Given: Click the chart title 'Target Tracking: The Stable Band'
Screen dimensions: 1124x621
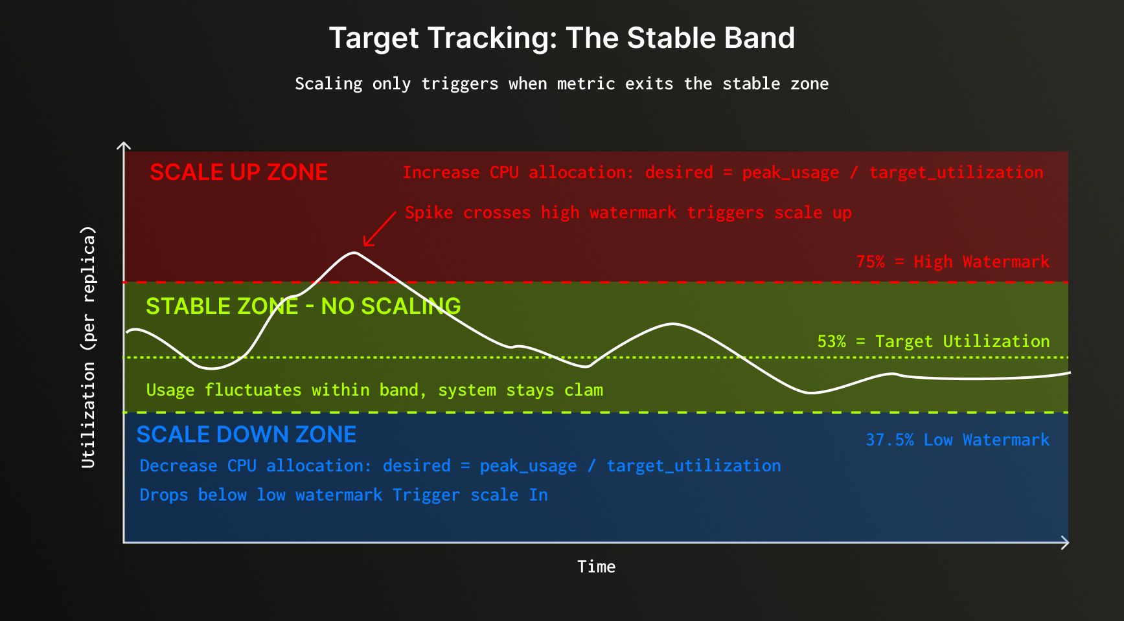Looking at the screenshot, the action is [x=562, y=38].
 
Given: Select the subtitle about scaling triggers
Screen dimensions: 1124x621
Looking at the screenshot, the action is [x=562, y=84].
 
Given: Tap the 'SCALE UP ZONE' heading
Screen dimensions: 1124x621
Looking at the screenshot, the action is [x=238, y=172].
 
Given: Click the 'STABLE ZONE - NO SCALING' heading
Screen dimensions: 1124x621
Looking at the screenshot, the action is [x=303, y=306].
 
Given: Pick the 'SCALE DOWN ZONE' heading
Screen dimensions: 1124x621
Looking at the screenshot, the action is [x=246, y=434].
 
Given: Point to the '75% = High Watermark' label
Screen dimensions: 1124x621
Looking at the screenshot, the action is [x=952, y=262].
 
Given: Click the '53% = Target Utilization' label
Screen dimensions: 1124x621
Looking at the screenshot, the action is [x=934, y=341].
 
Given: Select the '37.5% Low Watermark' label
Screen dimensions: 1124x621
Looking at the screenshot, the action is [x=958, y=440].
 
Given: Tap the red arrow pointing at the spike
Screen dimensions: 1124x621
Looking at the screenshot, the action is [x=380, y=229].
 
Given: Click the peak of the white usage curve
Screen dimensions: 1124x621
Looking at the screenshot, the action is [x=354, y=253].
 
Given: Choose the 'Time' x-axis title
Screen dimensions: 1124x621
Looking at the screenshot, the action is [x=597, y=567].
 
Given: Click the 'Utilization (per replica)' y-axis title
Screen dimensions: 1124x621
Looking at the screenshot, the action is [x=88, y=346].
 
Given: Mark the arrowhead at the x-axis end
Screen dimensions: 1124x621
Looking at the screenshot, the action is [x=1065, y=543].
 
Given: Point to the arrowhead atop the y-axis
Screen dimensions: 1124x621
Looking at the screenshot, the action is [x=124, y=145].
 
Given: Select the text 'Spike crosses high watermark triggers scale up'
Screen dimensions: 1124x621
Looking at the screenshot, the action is [x=628, y=212].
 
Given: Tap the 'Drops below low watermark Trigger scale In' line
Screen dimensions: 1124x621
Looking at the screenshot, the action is [x=344, y=495].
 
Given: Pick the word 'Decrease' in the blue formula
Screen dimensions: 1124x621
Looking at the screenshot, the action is [x=178, y=466].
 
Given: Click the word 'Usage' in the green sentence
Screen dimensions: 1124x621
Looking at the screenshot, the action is [x=170, y=390].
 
